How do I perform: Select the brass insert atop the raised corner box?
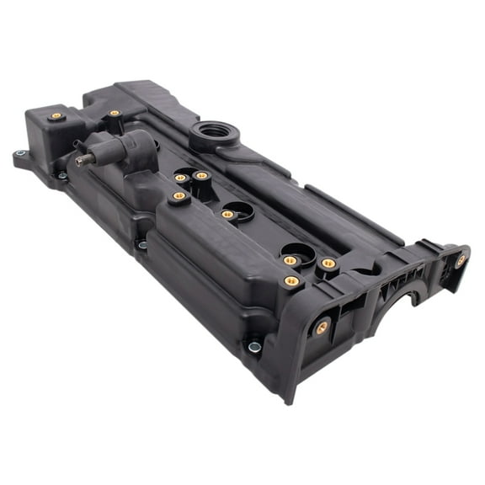tap(56, 115)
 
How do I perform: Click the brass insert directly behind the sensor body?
tap(115, 113)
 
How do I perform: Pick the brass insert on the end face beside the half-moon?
tap(322, 328)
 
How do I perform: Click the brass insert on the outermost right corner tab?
tap(461, 260)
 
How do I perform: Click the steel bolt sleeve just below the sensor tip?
tap(62, 176)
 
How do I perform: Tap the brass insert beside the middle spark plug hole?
tap(227, 215)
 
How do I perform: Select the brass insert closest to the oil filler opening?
tap(201, 176)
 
